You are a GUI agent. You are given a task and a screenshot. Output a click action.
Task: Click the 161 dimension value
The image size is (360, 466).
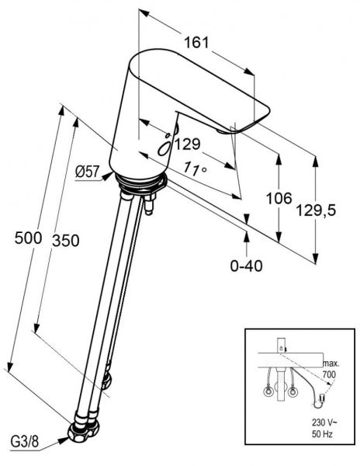[x=196, y=43]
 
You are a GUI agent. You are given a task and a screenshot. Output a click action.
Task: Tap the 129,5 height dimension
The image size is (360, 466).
[x=317, y=210]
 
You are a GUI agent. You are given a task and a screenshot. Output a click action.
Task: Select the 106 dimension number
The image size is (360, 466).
[x=279, y=199]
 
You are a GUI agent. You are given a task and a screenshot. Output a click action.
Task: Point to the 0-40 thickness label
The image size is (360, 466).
[x=246, y=266]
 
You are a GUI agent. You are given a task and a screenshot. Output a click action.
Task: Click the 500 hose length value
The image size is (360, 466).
[x=28, y=238]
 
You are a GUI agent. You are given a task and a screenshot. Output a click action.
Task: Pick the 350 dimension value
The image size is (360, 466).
[x=66, y=241]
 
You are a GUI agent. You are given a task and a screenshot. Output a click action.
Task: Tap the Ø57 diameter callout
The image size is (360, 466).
[x=86, y=172]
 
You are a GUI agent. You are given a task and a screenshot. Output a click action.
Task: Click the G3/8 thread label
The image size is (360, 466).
[x=25, y=442]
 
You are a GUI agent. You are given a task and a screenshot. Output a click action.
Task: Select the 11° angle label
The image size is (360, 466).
[x=194, y=169]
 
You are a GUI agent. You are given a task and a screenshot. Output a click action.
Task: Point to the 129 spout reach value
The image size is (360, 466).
[x=188, y=144]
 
